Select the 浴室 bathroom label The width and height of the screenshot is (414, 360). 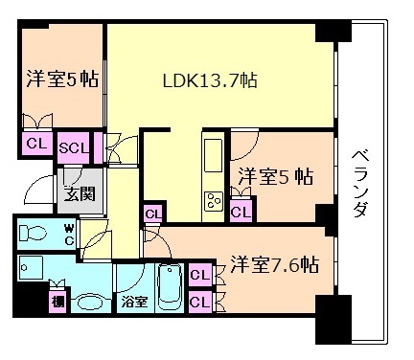tap(133, 303)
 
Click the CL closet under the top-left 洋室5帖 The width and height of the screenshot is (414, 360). tap(35, 144)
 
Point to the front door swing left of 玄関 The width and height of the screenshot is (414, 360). tap(38, 190)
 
